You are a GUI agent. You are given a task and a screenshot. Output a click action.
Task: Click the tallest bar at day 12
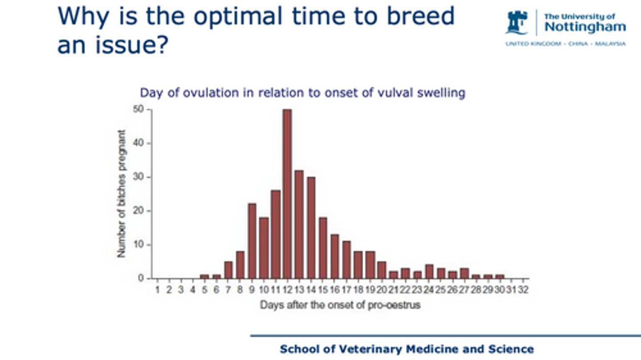tap(287, 194)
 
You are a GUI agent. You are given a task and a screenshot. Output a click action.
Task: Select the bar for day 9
tap(252, 241)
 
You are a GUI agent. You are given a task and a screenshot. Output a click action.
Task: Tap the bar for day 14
tap(311, 227)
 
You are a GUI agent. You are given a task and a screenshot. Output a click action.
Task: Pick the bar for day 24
tap(429, 271)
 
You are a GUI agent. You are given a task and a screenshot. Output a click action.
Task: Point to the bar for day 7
tap(228, 270)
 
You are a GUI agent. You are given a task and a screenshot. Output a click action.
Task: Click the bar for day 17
tap(346, 259)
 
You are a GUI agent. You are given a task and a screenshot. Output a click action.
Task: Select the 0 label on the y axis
tap(141, 279)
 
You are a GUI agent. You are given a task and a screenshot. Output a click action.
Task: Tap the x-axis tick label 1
tap(158, 290)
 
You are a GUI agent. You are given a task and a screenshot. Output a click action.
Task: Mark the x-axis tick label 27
tap(464, 290)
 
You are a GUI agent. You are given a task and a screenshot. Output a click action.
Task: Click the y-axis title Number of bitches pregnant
tap(122, 194)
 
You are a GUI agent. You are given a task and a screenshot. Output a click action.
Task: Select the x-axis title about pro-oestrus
tap(340, 305)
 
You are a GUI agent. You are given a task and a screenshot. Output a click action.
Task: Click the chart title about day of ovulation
tap(302, 93)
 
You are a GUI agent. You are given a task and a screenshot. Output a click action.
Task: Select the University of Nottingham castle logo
tap(517, 22)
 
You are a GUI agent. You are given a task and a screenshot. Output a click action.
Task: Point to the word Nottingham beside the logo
tap(585, 27)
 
